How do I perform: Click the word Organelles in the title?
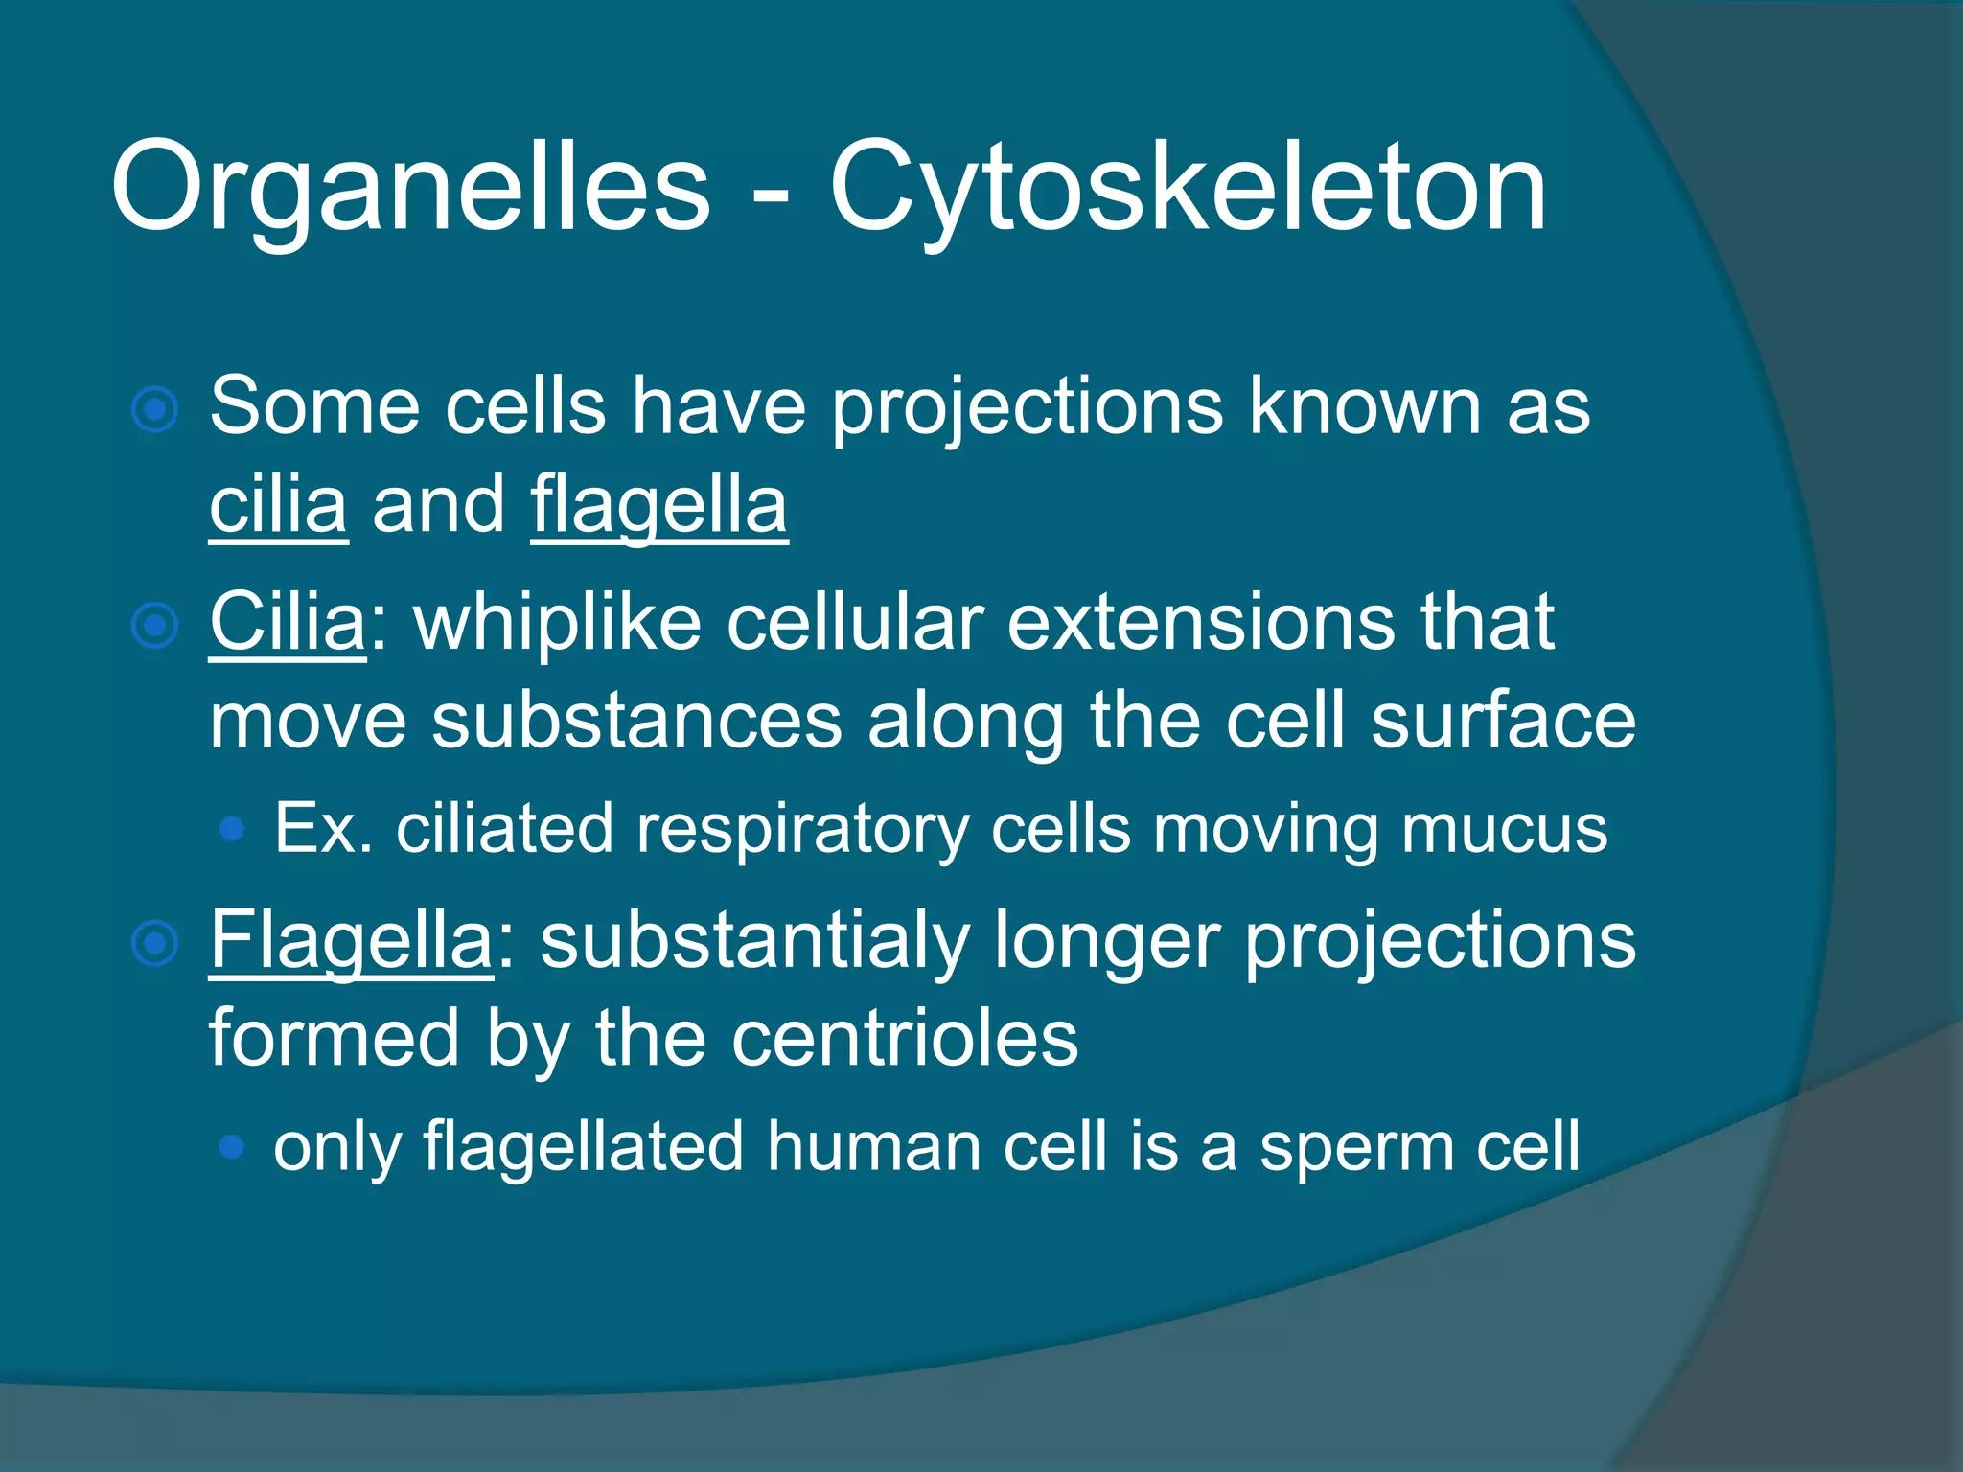point(410,187)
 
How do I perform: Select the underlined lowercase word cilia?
point(278,505)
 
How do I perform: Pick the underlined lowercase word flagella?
point(658,505)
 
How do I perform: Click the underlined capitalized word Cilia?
point(288,623)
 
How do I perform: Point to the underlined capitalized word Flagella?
point(351,941)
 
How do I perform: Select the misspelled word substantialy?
point(754,941)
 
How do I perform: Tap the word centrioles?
point(905,1039)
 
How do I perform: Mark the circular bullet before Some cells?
point(154,411)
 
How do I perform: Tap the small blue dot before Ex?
point(231,829)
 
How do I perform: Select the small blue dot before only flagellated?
point(231,1146)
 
